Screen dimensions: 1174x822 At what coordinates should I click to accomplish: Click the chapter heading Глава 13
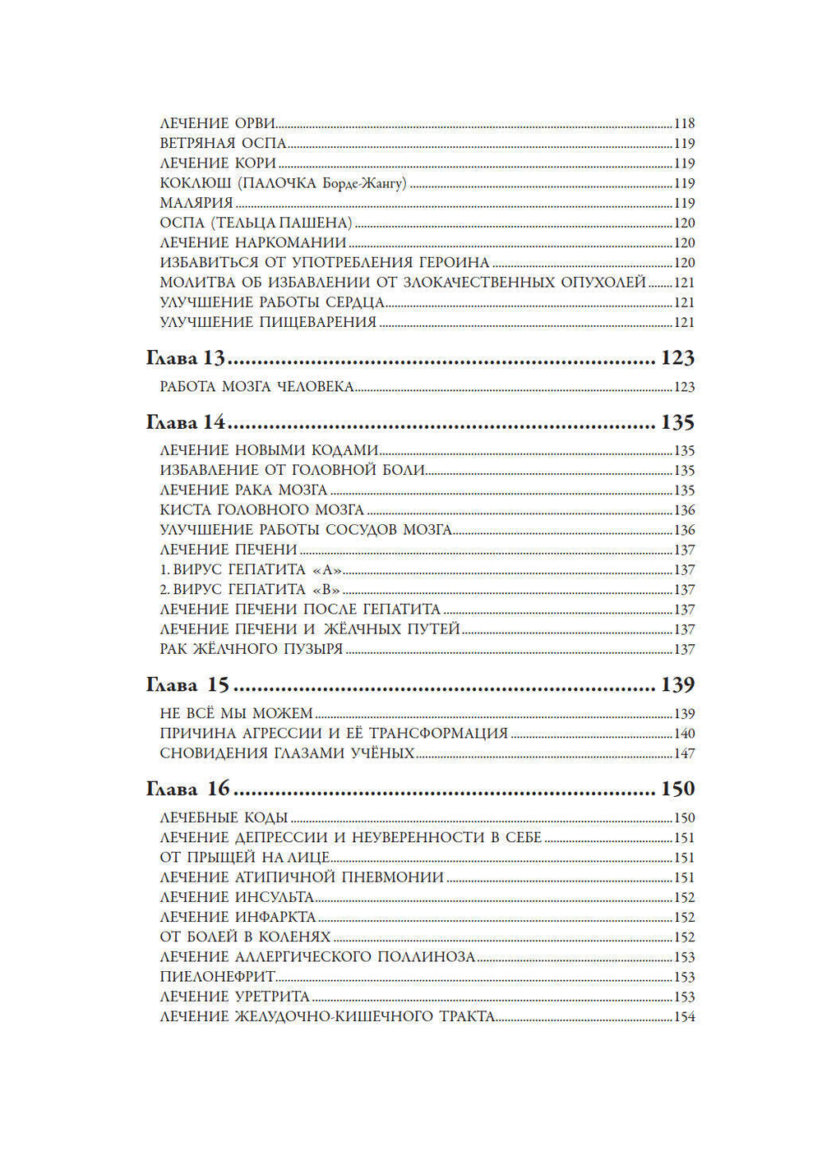click(185, 358)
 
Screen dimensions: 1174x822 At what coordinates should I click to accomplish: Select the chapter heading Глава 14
click(185, 422)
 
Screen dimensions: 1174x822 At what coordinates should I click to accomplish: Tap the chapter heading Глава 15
click(187, 685)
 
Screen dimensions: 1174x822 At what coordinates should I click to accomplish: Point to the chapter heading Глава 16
click(187, 789)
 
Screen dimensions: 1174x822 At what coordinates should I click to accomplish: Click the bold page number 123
click(677, 358)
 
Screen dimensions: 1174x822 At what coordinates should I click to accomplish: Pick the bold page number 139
click(677, 685)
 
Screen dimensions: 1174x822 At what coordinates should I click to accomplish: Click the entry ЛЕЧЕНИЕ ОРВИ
click(217, 124)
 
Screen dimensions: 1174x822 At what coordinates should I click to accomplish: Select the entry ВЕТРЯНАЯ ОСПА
click(223, 144)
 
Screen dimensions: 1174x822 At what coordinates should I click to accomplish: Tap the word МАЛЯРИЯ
click(196, 203)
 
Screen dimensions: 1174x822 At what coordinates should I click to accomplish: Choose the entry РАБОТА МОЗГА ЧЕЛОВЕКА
click(256, 387)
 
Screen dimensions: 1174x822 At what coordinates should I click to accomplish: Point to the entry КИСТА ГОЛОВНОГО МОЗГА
click(261, 510)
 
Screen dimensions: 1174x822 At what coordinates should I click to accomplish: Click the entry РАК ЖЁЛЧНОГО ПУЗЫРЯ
click(251, 649)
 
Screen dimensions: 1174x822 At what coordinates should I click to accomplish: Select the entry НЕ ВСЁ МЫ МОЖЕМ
click(236, 714)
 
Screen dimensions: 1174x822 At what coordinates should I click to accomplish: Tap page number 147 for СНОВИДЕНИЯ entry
click(684, 753)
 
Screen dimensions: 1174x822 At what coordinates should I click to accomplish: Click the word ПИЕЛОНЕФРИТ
click(217, 977)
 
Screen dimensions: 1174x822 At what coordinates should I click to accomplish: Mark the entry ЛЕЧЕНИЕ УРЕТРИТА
click(234, 997)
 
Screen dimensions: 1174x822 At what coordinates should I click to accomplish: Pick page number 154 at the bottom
click(684, 1017)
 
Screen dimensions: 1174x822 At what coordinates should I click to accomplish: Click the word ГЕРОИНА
click(455, 263)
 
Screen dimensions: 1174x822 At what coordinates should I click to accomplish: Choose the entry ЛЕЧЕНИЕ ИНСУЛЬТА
click(237, 897)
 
